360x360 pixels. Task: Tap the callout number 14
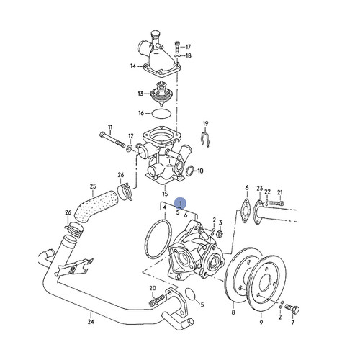(x=132, y=66)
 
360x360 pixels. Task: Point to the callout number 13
(x=140, y=94)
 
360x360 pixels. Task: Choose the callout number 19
(x=205, y=123)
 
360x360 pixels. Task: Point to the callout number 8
(x=233, y=314)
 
